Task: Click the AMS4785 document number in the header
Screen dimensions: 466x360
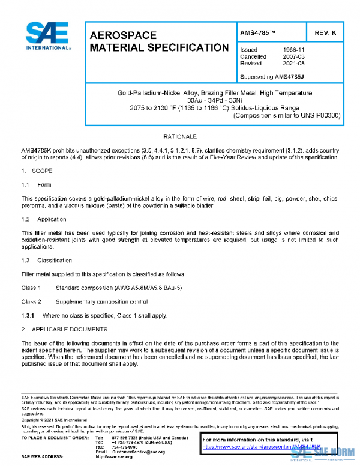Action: click(x=257, y=32)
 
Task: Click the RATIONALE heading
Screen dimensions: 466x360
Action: click(x=179, y=137)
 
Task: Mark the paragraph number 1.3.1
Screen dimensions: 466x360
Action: click(x=28, y=316)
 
